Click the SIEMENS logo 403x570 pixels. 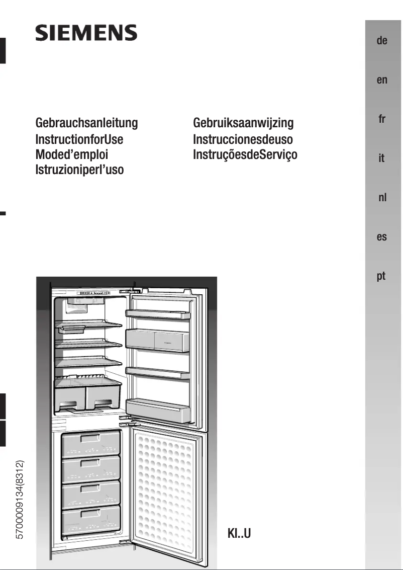(86, 34)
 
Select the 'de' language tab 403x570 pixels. (382, 41)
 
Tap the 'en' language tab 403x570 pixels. (382, 80)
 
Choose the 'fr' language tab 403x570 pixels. (382, 119)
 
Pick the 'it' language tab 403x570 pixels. (382, 158)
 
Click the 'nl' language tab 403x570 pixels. (382, 198)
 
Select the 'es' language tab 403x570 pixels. (382, 237)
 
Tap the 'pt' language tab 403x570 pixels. (382, 276)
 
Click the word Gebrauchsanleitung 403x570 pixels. (86, 123)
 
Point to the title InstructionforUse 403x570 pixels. (79, 139)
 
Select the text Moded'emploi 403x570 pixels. (71, 154)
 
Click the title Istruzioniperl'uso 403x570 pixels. (79, 170)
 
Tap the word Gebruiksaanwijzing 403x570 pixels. (243, 123)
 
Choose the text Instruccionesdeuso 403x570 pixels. (243, 139)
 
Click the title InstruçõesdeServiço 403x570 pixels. (245, 155)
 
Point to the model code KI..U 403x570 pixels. (239, 533)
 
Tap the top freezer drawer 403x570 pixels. (91, 443)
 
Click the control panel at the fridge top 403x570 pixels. (95, 293)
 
